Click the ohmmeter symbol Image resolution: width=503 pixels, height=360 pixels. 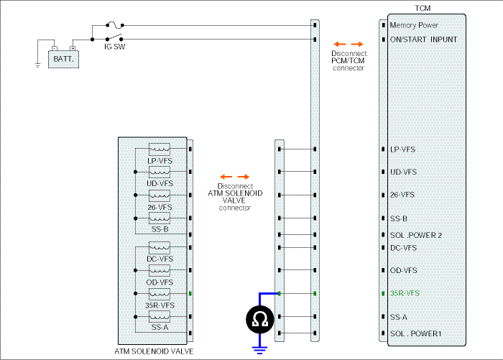[260, 320]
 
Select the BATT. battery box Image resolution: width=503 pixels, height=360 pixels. [63, 59]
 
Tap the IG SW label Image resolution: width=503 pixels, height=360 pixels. [114, 47]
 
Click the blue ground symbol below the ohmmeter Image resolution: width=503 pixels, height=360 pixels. [260, 350]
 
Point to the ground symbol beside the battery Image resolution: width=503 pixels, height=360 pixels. [38, 65]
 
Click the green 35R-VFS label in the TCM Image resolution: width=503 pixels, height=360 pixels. [405, 293]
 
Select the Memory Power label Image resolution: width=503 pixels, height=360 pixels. [414, 25]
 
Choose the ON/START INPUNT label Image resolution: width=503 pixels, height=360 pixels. [423, 40]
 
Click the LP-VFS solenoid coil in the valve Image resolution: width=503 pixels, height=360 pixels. [160, 149]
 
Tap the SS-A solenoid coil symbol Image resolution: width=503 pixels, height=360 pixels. [160, 317]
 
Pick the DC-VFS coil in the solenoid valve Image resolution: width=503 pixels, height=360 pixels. [160, 248]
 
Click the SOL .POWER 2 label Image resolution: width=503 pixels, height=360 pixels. [416, 235]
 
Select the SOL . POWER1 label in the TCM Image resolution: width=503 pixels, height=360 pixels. [416, 333]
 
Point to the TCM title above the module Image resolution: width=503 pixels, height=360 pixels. [423, 9]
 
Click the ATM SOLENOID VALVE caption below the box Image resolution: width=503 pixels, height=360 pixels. [154, 351]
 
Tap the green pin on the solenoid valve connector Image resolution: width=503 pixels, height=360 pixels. [190, 294]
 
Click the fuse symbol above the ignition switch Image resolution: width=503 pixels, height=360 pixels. [114, 24]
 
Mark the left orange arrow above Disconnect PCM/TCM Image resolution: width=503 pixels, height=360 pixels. [340, 45]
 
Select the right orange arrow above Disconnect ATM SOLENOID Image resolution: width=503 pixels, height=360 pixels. [243, 177]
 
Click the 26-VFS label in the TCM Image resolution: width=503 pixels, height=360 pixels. [402, 195]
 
